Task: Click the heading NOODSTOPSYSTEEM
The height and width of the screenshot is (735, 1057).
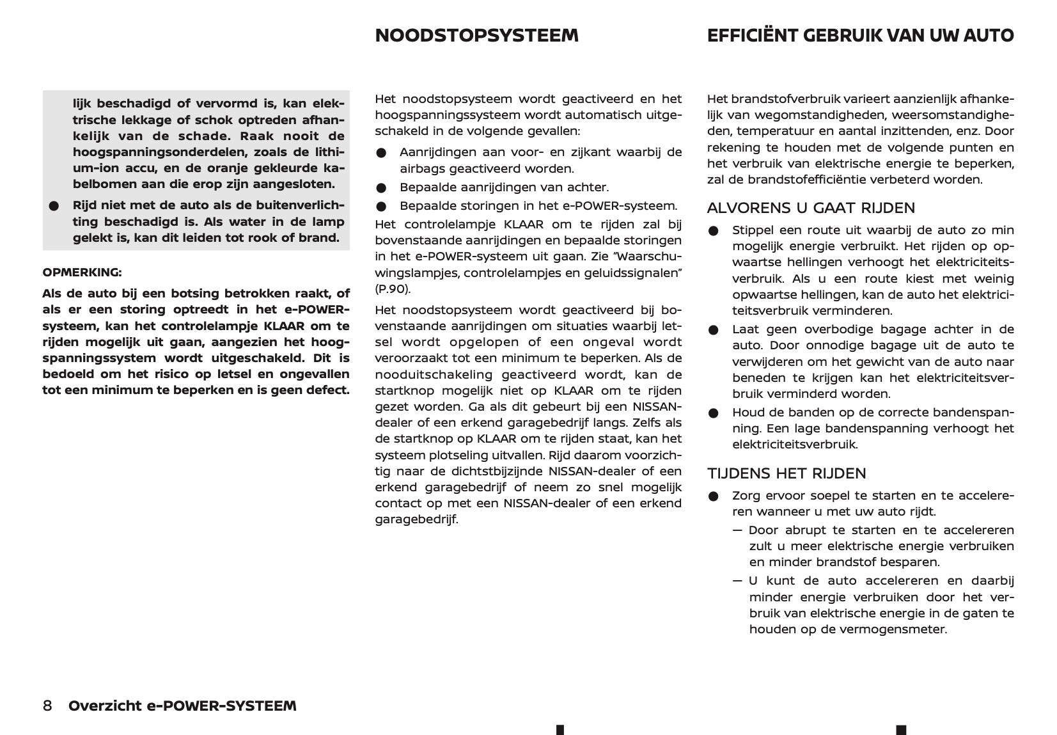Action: (476, 36)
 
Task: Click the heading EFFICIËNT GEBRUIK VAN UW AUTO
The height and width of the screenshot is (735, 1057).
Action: (860, 36)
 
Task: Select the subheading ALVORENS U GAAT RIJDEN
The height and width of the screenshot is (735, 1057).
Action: (811, 208)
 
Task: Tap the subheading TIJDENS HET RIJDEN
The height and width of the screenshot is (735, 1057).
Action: (787, 473)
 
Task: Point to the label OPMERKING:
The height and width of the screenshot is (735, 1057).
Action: (82, 273)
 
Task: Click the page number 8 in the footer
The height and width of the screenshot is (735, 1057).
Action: (48, 706)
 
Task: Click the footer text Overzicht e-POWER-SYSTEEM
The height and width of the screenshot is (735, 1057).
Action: (182, 706)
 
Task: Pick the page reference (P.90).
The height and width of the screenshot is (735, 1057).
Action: (393, 289)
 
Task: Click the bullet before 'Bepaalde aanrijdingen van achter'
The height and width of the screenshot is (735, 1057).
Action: (382, 188)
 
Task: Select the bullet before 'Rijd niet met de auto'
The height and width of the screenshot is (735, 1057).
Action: (54, 207)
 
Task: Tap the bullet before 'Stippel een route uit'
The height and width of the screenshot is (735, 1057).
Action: (714, 231)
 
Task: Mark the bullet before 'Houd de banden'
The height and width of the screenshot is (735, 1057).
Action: (714, 413)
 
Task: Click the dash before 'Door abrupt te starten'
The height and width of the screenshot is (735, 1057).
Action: (738, 530)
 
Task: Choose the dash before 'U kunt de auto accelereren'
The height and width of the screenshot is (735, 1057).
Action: (738, 581)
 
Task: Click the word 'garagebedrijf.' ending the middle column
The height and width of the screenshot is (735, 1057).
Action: (416, 519)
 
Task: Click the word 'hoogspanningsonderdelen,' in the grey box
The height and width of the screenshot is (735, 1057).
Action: (145, 152)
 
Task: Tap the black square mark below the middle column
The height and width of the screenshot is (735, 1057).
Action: (560, 729)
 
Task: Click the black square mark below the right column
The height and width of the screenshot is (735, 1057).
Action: (901, 729)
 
